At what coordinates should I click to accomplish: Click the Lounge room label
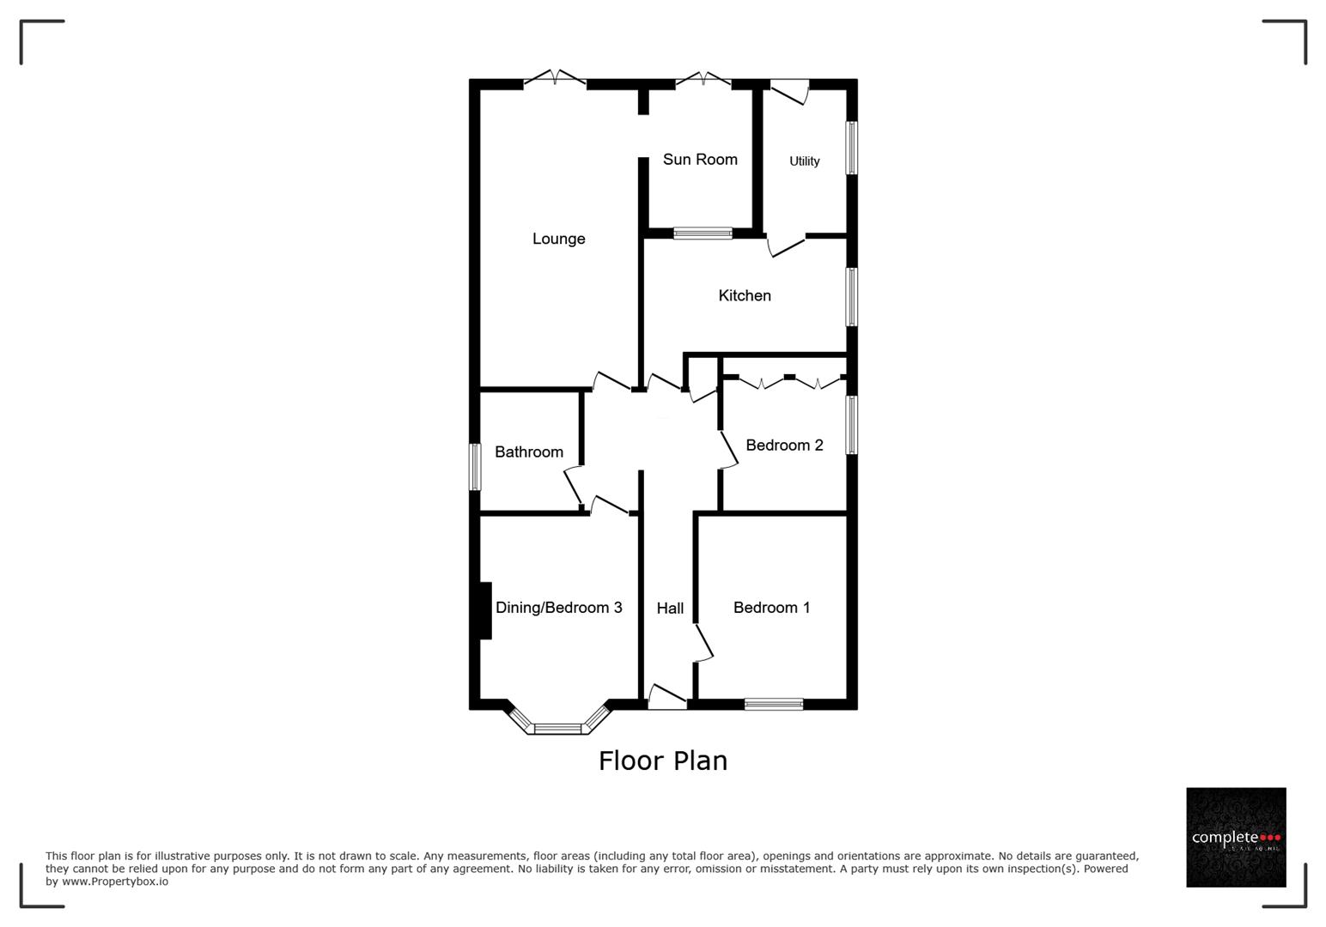click(558, 239)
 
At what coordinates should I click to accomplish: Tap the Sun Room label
click(700, 159)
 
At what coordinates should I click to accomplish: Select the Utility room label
click(804, 161)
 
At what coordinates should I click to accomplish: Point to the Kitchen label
click(745, 295)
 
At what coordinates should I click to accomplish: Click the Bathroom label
click(529, 451)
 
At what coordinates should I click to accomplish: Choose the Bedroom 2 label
click(784, 445)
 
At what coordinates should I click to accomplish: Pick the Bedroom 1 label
click(771, 607)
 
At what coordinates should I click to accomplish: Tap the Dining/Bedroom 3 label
click(558, 607)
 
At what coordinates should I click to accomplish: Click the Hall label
click(670, 608)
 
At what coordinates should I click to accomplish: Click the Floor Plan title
click(662, 760)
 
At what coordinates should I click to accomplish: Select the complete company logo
click(1235, 837)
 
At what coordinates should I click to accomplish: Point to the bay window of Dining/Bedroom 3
click(558, 728)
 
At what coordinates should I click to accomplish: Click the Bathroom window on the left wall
click(474, 467)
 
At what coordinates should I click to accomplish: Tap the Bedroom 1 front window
click(773, 704)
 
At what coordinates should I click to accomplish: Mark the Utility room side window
click(851, 148)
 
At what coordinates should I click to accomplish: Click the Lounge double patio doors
click(555, 80)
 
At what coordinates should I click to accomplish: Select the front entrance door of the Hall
click(667, 697)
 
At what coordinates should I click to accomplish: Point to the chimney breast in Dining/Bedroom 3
click(484, 610)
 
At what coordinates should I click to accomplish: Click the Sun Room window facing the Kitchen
click(703, 233)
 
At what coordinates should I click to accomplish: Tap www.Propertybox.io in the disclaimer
click(114, 882)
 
